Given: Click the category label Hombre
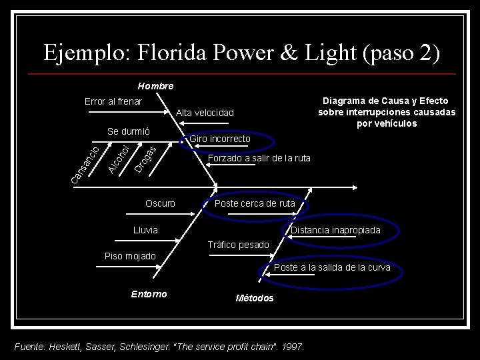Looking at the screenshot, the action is tap(155, 86).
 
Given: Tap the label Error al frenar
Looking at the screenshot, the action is tap(113, 101).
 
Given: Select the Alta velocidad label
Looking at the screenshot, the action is tap(205, 113).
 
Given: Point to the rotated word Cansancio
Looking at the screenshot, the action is tap(86, 164).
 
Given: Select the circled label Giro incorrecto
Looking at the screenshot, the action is tap(220, 139).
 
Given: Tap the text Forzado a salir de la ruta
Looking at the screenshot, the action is tap(259, 159).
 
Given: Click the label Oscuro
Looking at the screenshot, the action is tap(160, 203).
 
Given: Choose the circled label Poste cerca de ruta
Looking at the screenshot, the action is tap(255, 203).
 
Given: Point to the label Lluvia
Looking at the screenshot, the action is tap(146, 230).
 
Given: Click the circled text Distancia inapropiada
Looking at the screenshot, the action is tap(335, 230).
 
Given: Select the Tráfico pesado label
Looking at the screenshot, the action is tap(238, 245).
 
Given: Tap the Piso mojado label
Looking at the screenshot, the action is tap(131, 256).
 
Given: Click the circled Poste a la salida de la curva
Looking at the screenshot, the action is tap(332, 268).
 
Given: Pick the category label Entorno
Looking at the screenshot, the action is tap(149, 294).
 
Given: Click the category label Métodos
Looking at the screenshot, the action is tap(255, 298).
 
